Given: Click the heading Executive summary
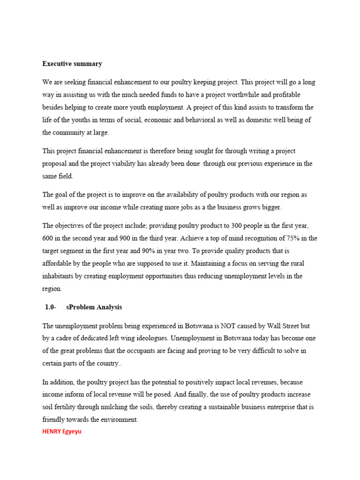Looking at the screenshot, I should click(72, 64).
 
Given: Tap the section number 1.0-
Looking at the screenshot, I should click(51, 307).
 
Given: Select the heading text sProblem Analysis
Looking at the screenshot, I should click(97, 307).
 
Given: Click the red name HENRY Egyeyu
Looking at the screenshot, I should click(61, 431).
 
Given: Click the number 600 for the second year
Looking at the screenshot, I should click(49, 239).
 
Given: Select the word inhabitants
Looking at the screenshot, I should click(60, 277).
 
